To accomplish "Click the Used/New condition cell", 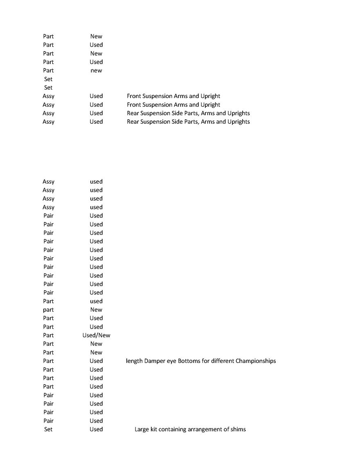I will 96,335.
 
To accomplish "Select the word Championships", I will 256,361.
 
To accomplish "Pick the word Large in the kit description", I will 142,429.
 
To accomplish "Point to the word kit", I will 154,429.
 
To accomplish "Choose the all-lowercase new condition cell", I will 96,70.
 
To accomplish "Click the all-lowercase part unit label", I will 48,309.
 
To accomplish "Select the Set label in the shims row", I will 48,429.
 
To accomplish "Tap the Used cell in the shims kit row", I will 96,429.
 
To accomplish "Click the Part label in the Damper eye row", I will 48,361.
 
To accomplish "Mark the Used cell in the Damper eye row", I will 96,361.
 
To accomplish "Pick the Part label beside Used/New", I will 48,335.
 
